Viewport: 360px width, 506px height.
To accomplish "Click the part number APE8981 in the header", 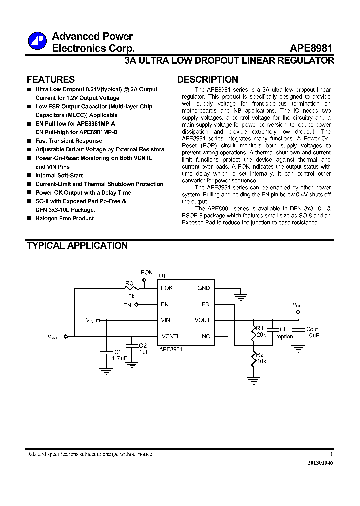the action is click(311, 49).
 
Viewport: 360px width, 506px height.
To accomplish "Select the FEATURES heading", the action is click(50, 80).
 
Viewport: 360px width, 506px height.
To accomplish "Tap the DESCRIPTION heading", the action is click(208, 80).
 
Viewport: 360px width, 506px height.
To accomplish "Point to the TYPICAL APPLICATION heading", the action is click(77, 246).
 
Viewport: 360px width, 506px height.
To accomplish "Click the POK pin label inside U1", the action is click(167, 288).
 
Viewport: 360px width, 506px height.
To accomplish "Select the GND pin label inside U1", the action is click(204, 288).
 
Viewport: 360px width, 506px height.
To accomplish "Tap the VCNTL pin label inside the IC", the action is click(170, 336).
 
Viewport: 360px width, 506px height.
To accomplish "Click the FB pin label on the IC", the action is click(206, 304).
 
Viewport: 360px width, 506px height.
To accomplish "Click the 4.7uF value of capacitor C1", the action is click(119, 358).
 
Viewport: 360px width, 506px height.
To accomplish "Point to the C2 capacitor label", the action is click(143, 346).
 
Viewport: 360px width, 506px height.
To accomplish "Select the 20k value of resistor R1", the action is click(261, 335).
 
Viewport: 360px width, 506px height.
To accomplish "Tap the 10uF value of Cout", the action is click(312, 335).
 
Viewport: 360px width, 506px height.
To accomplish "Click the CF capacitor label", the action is click(283, 329).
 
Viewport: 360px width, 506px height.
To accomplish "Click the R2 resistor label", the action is click(260, 354).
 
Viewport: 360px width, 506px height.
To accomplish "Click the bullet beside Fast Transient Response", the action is click(29, 141).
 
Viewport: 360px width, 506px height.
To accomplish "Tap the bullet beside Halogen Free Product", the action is click(29, 219).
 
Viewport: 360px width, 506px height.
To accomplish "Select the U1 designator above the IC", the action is click(162, 276).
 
